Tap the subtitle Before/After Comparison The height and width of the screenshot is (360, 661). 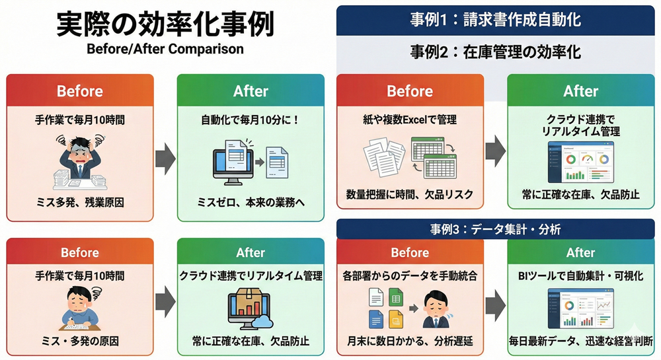(x=165, y=50)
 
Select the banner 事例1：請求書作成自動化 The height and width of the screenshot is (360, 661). (x=495, y=19)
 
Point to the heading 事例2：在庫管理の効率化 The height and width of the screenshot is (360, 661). (x=495, y=51)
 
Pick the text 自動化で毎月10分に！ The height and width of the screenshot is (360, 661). (x=251, y=121)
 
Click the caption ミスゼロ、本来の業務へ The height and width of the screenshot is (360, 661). (x=251, y=201)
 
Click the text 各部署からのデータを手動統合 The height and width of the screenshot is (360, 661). (x=410, y=275)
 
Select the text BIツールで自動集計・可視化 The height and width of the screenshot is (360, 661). (x=581, y=275)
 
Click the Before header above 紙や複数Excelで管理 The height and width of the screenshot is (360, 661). (x=410, y=91)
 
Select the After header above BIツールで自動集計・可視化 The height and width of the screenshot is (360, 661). (x=581, y=252)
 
